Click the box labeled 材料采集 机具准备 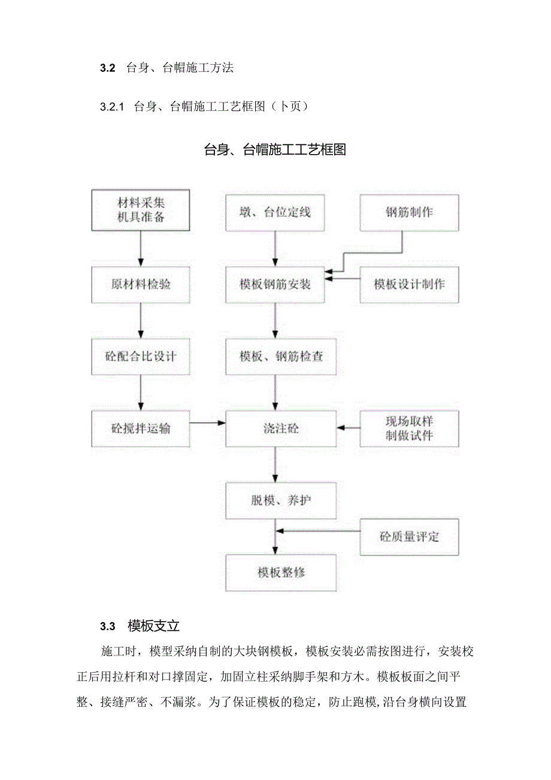(x=140, y=210)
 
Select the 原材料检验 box (x=140, y=284)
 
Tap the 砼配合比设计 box (x=140, y=356)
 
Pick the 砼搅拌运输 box (x=140, y=428)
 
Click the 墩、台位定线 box (x=275, y=212)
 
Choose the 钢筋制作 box (x=409, y=212)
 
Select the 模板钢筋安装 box (x=275, y=284)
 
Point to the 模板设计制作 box (x=409, y=284)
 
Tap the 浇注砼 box (x=281, y=428)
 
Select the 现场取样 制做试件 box (x=409, y=428)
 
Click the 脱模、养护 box (x=281, y=500)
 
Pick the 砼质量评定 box (x=409, y=537)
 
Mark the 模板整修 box (x=281, y=573)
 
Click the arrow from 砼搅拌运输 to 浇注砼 (x=207, y=423)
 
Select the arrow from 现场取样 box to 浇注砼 (x=349, y=428)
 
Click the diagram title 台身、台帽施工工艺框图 (x=275, y=150)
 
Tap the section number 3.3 (x=107, y=627)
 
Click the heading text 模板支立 (x=154, y=627)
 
